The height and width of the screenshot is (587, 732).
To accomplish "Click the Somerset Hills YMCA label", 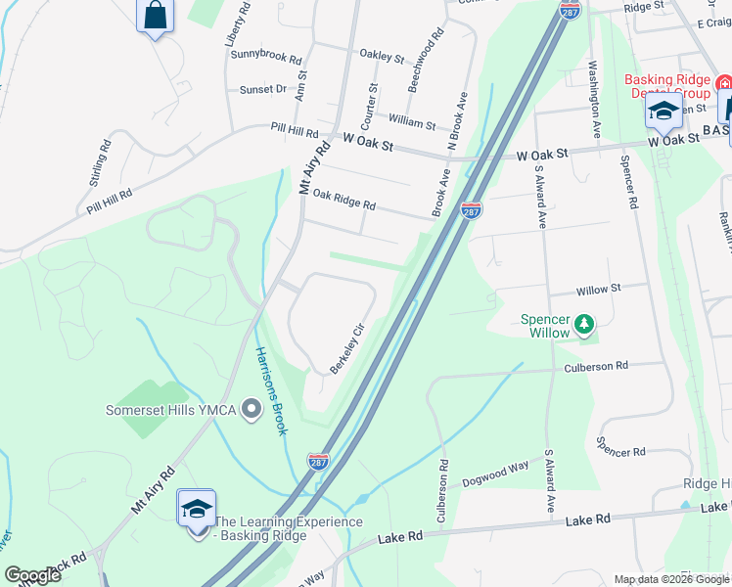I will [171, 409].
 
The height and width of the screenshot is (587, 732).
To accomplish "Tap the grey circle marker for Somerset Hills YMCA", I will [251, 409].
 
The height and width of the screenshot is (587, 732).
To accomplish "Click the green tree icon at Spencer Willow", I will [584, 323].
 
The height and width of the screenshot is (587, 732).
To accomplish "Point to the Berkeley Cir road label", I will [347, 347].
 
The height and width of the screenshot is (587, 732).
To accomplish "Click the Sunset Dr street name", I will [263, 89].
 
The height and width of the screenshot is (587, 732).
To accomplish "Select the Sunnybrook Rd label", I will [266, 53].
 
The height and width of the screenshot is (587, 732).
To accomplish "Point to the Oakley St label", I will [382, 57].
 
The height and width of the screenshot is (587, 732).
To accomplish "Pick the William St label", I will [412, 122].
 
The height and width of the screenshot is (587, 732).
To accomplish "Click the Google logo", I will [32, 575].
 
